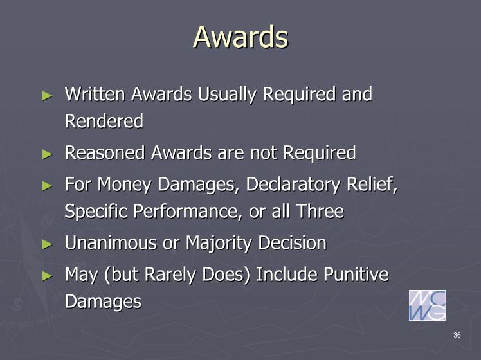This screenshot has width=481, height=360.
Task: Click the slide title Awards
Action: (x=240, y=37)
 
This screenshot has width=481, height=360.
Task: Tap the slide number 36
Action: (x=457, y=335)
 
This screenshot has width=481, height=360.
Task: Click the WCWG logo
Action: (x=427, y=305)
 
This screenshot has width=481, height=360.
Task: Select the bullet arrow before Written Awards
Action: (x=47, y=96)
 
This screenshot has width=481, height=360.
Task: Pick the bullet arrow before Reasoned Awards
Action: (x=47, y=154)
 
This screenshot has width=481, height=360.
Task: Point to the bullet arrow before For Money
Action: (x=47, y=186)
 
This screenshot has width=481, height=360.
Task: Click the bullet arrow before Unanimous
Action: (x=47, y=244)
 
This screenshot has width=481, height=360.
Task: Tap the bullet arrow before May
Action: (x=47, y=276)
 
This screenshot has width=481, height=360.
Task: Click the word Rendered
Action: (x=104, y=120)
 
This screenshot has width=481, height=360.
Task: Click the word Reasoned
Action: (x=105, y=152)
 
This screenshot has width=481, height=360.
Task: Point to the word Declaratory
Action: (x=293, y=184)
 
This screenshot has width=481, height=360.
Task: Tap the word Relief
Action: (x=372, y=184)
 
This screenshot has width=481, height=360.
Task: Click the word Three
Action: (x=320, y=212)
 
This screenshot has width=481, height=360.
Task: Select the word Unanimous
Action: (x=111, y=242)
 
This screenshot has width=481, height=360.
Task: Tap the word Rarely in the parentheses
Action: (x=170, y=274)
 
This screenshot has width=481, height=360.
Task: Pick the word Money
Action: (x=124, y=184)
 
